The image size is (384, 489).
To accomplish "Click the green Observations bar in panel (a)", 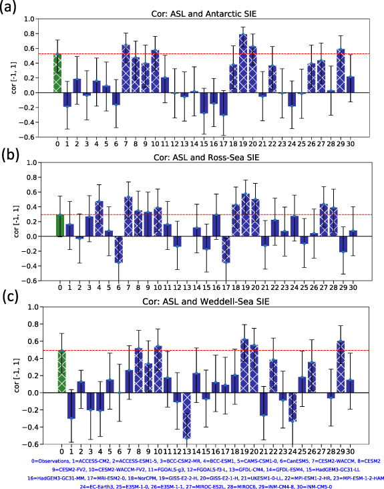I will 57,73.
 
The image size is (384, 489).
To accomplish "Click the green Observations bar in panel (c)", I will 61,371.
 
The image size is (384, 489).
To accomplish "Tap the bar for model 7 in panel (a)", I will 126,69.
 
